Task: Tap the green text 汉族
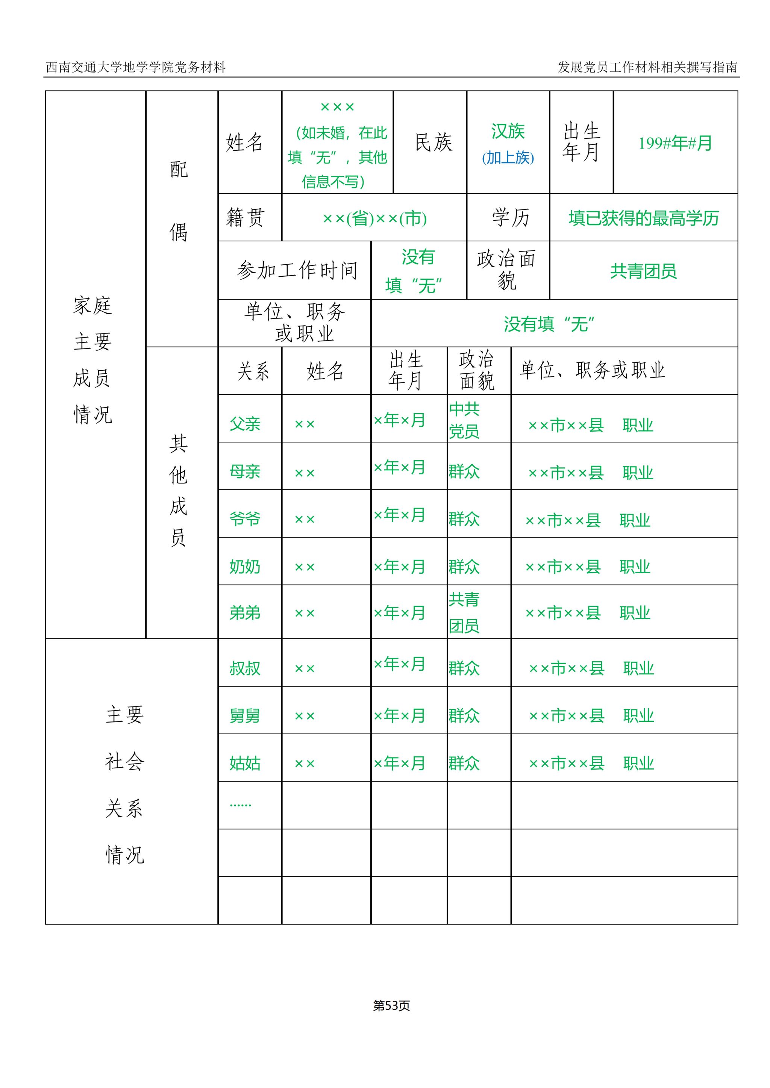click(x=508, y=131)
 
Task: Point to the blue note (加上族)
click(x=508, y=158)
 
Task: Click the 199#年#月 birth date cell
click(x=675, y=143)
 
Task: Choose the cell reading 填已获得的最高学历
click(x=643, y=218)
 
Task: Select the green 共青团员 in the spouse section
click(x=643, y=271)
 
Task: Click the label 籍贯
click(x=245, y=218)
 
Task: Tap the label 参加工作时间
click(x=297, y=270)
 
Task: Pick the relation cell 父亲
click(x=245, y=423)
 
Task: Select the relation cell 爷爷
click(x=245, y=519)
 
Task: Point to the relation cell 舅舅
click(x=245, y=715)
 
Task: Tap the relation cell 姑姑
click(x=245, y=763)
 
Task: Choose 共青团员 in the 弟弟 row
click(x=464, y=612)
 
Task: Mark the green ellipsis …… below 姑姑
click(x=240, y=805)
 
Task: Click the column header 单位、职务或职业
click(x=592, y=370)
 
